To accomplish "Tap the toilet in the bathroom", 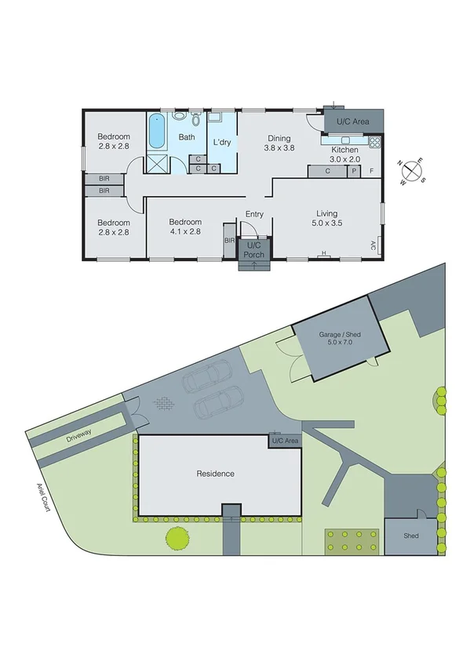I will pyautogui.click(x=179, y=116).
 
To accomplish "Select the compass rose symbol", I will pyautogui.click(x=413, y=169).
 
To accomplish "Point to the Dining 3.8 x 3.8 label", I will pyautogui.click(x=278, y=143).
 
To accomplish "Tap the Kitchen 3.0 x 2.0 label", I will pyautogui.click(x=344, y=154).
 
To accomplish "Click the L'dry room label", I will pyautogui.click(x=221, y=143).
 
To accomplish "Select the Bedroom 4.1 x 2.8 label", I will pyautogui.click(x=185, y=227).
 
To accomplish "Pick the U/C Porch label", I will pyautogui.click(x=253, y=250).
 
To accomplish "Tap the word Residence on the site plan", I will pyautogui.click(x=215, y=474).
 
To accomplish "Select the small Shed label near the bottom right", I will pyautogui.click(x=410, y=536).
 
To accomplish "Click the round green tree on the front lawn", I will pyautogui.click(x=177, y=539).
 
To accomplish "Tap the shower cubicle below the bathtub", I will pyautogui.click(x=157, y=164).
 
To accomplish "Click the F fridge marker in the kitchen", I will pyautogui.click(x=372, y=171).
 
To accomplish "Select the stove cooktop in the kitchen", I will pyautogui.click(x=374, y=142).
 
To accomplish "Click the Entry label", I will pyautogui.click(x=253, y=214).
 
